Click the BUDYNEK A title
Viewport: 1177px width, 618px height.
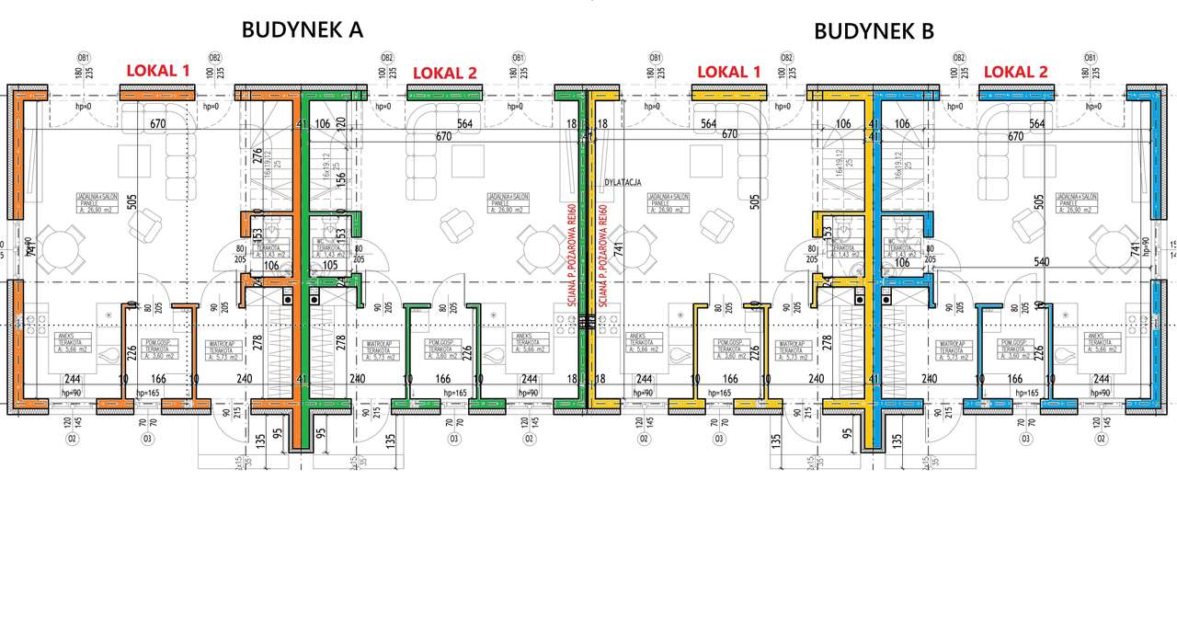pos(302,29)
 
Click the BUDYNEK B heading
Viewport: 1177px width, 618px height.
pos(874,31)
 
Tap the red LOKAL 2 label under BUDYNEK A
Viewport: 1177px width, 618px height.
pos(445,73)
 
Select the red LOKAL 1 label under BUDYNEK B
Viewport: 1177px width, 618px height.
pos(729,72)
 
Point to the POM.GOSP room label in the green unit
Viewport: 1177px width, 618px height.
pos(443,348)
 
